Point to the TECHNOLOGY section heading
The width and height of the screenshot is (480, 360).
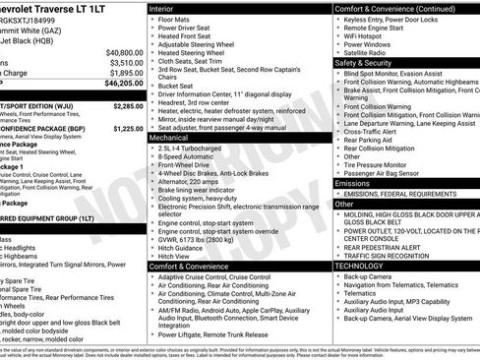click(x=361, y=266)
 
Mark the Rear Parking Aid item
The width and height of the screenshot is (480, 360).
click(x=370, y=141)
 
